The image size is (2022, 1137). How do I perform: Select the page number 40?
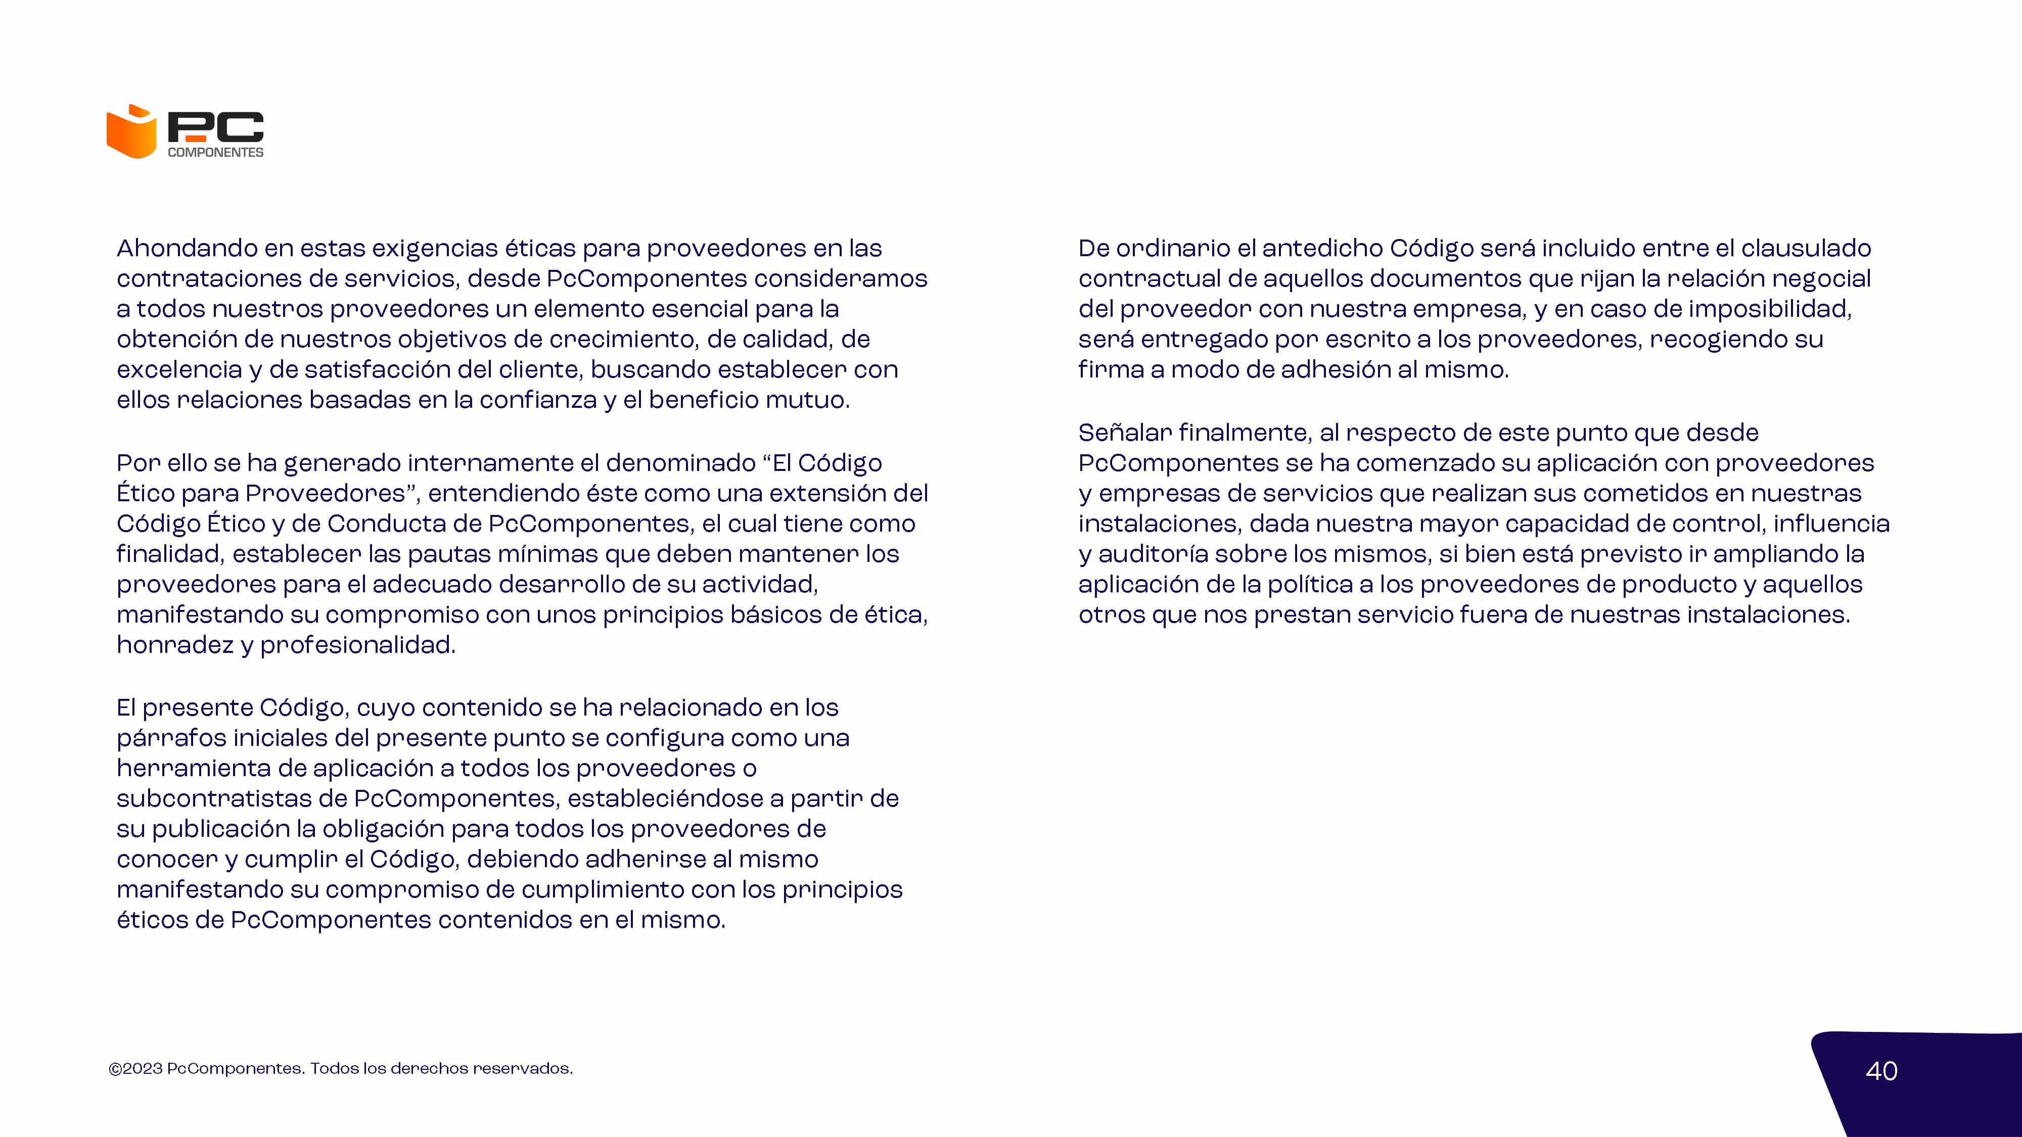[x=1880, y=1071]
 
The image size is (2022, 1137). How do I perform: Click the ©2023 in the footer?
[x=136, y=1069]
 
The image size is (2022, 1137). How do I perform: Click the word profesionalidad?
[x=357, y=645]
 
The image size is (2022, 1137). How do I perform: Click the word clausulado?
[x=1805, y=249]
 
